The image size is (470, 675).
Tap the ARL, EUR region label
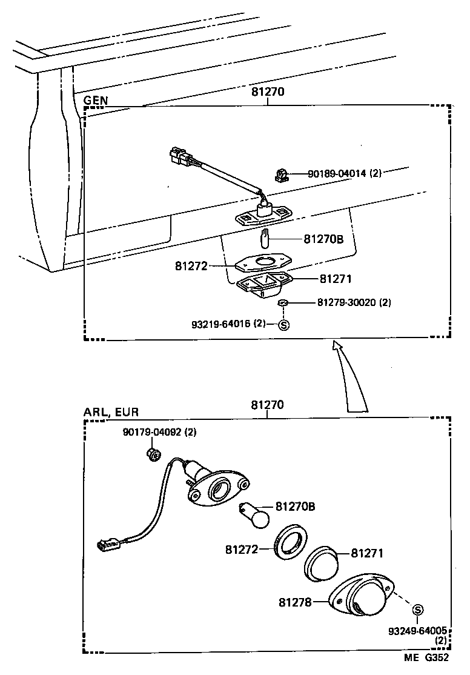tap(111, 412)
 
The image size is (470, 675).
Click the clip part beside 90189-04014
tap(280, 176)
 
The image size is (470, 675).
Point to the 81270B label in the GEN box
tap(323, 239)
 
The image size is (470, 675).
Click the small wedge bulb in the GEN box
tap(265, 238)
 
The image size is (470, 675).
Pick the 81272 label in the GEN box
tap(191, 265)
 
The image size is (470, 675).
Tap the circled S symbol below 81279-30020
tap(283, 324)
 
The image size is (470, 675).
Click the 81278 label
tap(295, 602)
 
